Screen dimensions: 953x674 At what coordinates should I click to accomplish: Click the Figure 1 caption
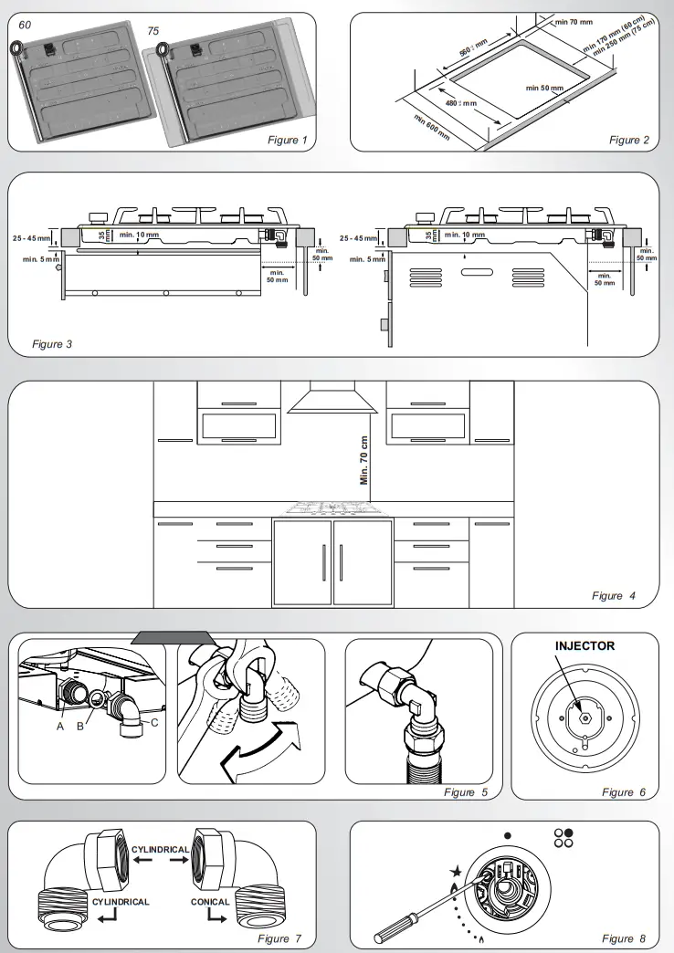pos(287,140)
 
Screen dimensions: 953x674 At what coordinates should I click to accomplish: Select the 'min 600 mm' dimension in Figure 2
pos(431,129)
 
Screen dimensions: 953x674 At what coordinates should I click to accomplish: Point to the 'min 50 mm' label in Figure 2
pos(544,88)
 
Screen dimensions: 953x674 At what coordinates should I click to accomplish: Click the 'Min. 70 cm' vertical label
pos(364,458)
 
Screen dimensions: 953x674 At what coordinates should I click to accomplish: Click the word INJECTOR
pos(584,645)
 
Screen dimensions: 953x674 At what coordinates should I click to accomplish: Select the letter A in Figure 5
pos(60,727)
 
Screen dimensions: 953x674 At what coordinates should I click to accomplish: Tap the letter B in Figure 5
pos(80,727)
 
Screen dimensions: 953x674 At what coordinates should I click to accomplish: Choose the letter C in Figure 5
pos(153,723)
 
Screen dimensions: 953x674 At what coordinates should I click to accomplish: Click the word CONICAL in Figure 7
pos(210,901)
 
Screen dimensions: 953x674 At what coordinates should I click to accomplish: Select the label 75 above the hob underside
pos(153,30)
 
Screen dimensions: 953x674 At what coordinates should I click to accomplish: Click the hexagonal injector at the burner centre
pos(584,717)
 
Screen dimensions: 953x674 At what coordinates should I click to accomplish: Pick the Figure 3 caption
pos(52,344)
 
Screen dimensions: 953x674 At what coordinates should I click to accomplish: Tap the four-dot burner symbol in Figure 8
pos(563,838)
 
